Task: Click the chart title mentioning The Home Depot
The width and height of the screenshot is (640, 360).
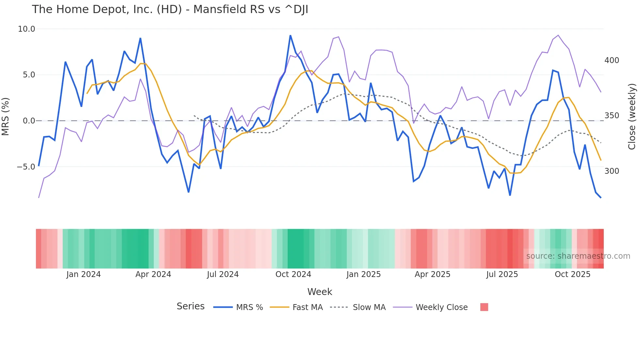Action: pos(170,9)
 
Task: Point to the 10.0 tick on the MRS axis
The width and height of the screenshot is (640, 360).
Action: pos(26,29)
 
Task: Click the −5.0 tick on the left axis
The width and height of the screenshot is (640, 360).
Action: pos(26,167)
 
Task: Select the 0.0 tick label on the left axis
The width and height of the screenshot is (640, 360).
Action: pos(29,121)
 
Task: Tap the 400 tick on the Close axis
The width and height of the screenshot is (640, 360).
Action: pos(612,60)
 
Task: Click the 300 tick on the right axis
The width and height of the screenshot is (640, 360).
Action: pos(612,171)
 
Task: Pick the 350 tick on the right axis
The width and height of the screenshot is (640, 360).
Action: pos(612,116)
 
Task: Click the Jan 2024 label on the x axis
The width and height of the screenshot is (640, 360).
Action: pos(83,274)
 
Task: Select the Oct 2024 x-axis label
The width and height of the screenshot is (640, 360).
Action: pos(293,274)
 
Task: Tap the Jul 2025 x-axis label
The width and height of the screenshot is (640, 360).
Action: pos(502,274)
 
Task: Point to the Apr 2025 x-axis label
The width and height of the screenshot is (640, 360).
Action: pos(432,274)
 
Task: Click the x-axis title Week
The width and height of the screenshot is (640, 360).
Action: pos(320,292)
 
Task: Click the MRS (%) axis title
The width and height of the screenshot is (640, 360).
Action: pos(6,116)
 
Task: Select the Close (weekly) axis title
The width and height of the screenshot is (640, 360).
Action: pos(632,117)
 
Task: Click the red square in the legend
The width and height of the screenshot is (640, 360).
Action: pos(484,307)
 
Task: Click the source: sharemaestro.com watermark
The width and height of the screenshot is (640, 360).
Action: pos(578,256)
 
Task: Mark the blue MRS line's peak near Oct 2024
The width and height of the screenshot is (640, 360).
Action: pos(290,35)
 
